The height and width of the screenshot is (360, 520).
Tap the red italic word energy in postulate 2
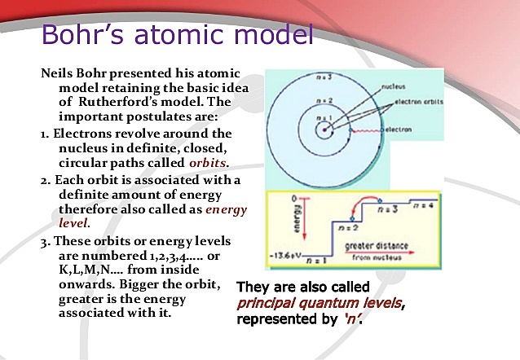[x=226, y=208]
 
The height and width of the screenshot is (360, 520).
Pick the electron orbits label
[x=425, y=103]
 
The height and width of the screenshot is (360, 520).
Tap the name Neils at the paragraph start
[x=58, y=72]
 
